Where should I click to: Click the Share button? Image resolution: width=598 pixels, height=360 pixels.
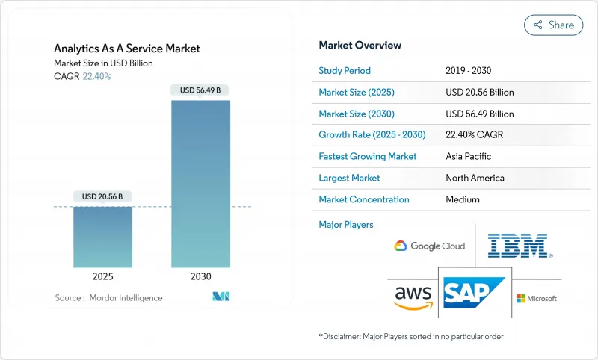click(554, 25)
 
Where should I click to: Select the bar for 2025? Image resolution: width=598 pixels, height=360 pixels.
click(102, 237)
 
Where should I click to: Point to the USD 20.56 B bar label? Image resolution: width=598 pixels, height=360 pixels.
click(102, 196)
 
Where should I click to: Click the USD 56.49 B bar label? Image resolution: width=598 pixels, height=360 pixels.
click(201, 90)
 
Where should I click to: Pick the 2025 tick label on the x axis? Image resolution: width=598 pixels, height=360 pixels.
click(102, 276)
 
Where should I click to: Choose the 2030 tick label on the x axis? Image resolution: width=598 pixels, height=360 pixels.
click(201, 276)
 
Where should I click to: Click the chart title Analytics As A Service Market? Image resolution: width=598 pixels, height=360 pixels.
click(127, 49)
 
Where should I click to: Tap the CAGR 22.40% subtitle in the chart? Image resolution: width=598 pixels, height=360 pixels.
click(82, 76)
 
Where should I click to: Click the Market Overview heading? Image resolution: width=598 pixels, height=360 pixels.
click(360, 46)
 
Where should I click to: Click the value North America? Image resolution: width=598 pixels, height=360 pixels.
click(475, 178)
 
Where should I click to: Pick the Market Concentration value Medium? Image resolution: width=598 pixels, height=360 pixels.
click(463, 199)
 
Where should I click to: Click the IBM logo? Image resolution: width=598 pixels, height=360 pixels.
click(518, 246)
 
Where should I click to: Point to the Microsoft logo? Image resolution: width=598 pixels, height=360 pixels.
click(537, 298)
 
